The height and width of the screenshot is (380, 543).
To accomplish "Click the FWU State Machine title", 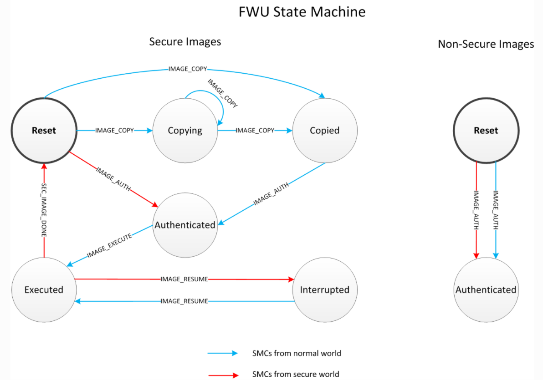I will [x=302, y=12].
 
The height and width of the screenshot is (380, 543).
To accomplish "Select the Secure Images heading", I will [x=185, y=42].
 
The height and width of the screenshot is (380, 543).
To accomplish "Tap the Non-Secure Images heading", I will [x=486, y=44].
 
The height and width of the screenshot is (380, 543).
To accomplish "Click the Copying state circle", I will [x=185, y=131].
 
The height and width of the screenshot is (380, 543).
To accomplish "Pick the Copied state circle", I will [x=324, y=131].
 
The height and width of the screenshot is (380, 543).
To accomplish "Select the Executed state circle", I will [x=44, y=290].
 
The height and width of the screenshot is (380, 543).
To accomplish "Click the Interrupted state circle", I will [x=324, y=290].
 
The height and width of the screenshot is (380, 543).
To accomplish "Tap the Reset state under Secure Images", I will [x=44, y=131].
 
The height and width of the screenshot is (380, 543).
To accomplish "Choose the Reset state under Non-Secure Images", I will [x=486, y=131].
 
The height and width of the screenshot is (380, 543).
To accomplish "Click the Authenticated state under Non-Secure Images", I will [x=486, y=290].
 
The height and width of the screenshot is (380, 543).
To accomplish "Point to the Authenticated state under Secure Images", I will [x=185, y=225].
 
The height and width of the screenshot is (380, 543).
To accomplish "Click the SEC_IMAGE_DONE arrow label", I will [x=44, y=210].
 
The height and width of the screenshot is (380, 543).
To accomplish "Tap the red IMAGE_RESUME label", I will [x=184, y=279].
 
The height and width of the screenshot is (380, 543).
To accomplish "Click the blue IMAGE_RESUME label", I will [x=184, y=301].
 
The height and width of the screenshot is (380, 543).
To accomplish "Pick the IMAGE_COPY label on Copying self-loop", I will [x=223, y=93].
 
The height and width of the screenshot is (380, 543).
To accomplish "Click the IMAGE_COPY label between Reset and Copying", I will [x=114, y=131].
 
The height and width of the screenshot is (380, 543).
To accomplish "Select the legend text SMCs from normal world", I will [x=296, y=353].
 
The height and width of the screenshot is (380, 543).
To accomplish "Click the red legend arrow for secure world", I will [x=223, y=375].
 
